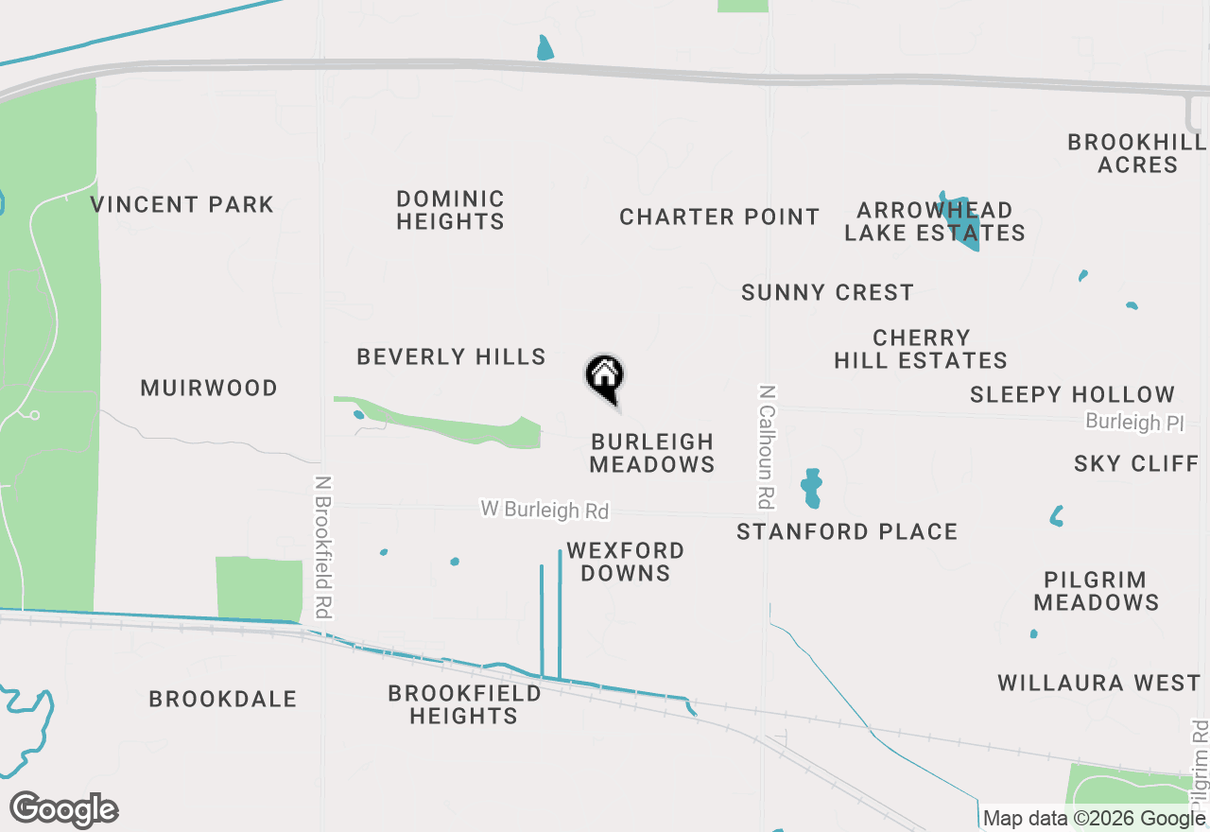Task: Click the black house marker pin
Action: (605, 377)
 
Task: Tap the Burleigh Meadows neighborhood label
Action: (652, 453)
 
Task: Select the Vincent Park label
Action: (182, 204)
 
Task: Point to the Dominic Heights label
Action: (450, 210)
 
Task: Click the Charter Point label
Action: (719, 217)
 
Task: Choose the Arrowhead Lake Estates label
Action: (934, 221)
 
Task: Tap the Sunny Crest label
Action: (827, 293)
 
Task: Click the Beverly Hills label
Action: (451, 356)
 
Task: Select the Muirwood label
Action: (209, 388)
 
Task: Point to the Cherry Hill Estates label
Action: (921, 349)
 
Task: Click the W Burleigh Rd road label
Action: (544, 510)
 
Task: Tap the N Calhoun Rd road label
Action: (768, 443)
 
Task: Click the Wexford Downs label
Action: (625, 562)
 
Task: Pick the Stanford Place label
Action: (847, 532)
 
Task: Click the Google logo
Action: (64, 810)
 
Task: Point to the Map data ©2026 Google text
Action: (1094, 819)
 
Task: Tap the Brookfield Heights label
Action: (464, 704)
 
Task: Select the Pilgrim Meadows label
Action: (1096, 591)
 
